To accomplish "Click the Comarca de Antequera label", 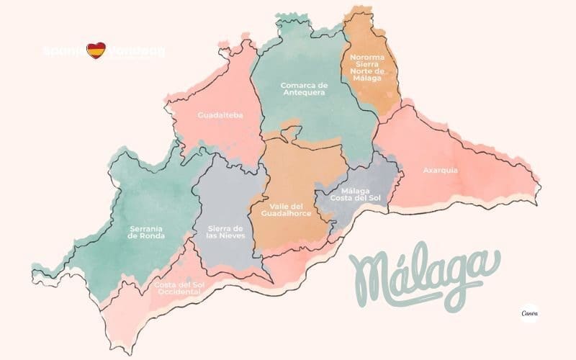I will pyautogui.click(x=302, y=89).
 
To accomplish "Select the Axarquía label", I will pyautogui.click(x=441, y=171).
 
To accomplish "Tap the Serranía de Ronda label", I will pyautogui.click(x=146, y=232).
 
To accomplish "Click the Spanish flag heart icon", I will pyautogui.click(x=96, y=52).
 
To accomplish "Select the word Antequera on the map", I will pyautogui.click(x=303, y=93).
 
